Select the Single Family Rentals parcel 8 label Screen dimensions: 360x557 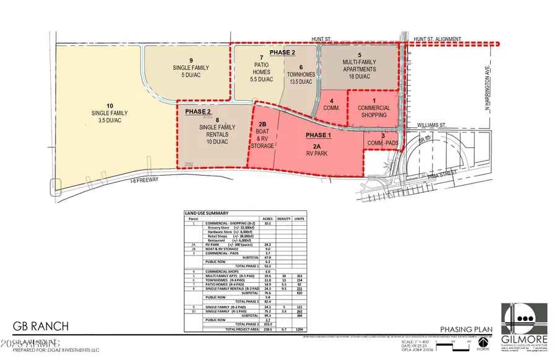[x=214, y=127]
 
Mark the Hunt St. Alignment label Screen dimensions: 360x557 [x=437, y=40]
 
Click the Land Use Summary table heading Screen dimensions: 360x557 [x=207, y=213]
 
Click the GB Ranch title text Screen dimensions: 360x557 [x=41, y=326]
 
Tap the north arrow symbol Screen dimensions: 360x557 [x=488, y=342]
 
